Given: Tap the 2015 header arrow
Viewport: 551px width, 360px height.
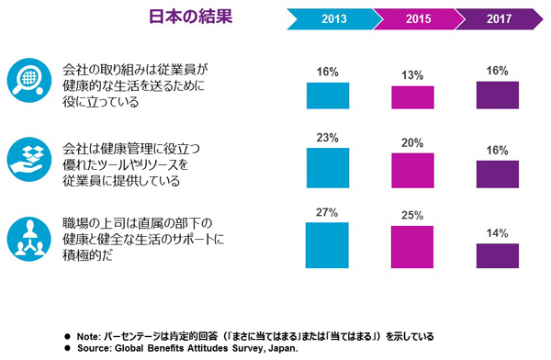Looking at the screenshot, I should (420, 18).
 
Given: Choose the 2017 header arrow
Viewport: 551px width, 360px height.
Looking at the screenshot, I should (499, 18).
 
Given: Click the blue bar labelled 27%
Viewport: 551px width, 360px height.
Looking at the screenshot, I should (327, 244).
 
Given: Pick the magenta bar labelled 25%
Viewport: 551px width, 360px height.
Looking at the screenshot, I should (412, 246).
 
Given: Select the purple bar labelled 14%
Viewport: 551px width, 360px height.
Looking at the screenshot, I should (498, 256).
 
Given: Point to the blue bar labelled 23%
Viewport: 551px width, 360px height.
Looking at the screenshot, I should (327, 168).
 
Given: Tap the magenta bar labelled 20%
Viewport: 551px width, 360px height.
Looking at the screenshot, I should (412, 171).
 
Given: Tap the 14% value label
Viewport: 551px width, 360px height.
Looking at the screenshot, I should (498, 233).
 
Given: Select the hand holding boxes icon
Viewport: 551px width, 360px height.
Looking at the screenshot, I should (30, 157).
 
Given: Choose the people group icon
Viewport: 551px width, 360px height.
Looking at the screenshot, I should (30, 236).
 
